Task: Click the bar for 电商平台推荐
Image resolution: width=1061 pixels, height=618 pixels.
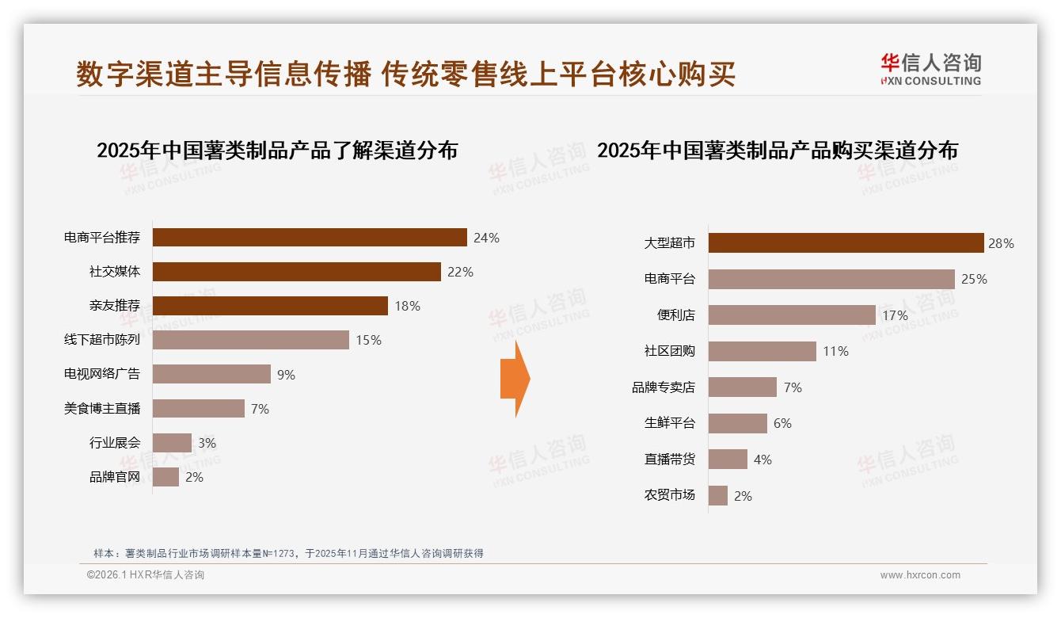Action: click(x=310, y=238)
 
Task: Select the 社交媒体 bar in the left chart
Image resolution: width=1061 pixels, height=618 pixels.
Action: click(x=296, y=272)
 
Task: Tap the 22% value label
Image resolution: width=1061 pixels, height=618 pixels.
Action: click(x=460, y=272)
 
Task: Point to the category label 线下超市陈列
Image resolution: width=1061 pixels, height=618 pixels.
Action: click(x=102, y=340)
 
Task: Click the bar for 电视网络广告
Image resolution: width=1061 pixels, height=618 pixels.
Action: click(x=211, y=374)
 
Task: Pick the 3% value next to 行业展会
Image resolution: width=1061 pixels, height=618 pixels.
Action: click(x=207, y=443)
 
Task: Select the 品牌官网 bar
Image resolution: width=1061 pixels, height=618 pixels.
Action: click(x=165, y=477)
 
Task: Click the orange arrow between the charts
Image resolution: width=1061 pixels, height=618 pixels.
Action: click(x=515, y=379)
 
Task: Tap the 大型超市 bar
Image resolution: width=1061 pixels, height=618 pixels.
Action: click(x=846, y=243)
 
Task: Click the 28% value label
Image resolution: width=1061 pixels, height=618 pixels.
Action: click(x=1001, y=243)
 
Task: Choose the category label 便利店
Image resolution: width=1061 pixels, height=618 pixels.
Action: click(x=675, y=315)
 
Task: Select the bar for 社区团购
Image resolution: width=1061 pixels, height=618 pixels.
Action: click(x=762, y=351)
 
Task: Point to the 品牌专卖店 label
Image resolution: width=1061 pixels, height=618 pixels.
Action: click(x=663, y=387)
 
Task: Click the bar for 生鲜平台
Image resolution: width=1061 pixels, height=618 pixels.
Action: click(x=737, y=423)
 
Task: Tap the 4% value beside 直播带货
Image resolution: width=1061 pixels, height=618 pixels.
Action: click(x=762, y=460)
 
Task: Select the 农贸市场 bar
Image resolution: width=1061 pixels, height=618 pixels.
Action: click(x=717, y=496)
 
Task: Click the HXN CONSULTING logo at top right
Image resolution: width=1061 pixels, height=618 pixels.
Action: click(x=930, y=70)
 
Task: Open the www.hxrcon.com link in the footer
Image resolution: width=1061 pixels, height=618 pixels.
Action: click(x=920, y=575)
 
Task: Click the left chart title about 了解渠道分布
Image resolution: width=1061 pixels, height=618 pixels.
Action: click(x=277, y=151)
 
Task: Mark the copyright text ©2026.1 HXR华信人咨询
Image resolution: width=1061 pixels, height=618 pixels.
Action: click(x=146, y=575)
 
